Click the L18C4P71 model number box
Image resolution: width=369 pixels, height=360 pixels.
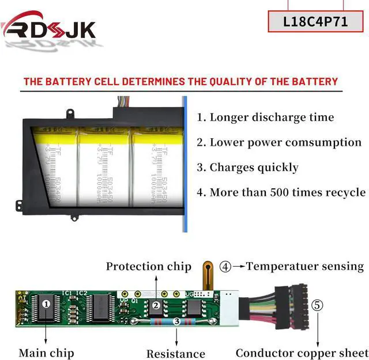point(315,21)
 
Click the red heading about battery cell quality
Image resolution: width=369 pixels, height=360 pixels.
point(180,81)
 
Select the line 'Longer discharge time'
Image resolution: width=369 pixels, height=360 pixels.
point(266,118)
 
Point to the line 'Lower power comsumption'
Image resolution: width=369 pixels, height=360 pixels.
point(279,142)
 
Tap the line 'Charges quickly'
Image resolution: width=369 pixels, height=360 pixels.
point(248,168)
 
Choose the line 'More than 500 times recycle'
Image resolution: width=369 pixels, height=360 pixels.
point(281,192)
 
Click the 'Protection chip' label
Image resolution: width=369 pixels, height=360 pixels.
point(148,267)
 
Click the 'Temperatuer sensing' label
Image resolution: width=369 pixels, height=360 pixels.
point(305,266)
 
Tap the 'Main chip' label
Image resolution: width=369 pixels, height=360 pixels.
point(46,353)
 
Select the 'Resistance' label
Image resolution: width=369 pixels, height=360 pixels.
point(175,354)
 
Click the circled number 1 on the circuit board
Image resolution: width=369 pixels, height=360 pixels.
point(47,302)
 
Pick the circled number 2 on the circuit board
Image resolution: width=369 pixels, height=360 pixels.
point(156,305)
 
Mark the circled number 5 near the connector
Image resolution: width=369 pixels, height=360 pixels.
point(317,305)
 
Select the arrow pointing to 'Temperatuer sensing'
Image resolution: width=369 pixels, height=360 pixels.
point(238,267)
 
